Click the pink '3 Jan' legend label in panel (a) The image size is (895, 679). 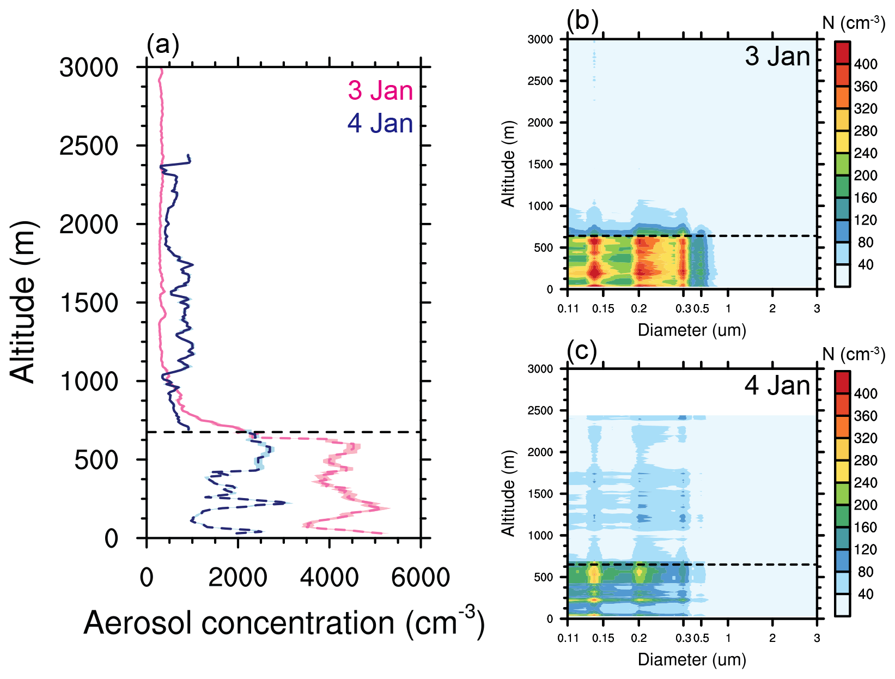pyautogui.click(x=380, y=90)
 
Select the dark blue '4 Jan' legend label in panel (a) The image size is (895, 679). pyautogui.click(x=380, y=124)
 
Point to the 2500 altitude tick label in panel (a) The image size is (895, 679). pyautogui.click(x=89, y=146)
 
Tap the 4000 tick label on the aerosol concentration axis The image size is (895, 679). pyautogui.click(x=329, y=578)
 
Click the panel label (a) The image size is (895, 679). pyautogui.click(x=162, y=45)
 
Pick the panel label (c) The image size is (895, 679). pyautogui.click(x=582, y=351)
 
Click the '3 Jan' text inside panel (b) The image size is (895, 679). pyautogui.click(x=777, y=57)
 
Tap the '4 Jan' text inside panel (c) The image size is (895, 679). pyautogui.click(x=777, y=386)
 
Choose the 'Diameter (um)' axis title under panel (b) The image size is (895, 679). pyautogui.click(x=692, y=330)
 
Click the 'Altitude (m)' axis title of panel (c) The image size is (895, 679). pyautogui.click(x=508, y=493)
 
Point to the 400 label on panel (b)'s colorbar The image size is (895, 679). pyautogui.click(x=866, y=64)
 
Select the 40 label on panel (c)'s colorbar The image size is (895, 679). pyautogui.click(x=866, y=594)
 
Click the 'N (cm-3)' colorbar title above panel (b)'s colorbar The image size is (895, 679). pyautogui.click(x=854, y=23)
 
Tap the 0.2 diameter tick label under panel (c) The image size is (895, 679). pyautogui.click(x=639, y=638)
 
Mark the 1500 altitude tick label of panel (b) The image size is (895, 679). pyautogui.click(x=540, y=164)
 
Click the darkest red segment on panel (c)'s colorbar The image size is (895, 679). pyautogui.click(x=842, y=380)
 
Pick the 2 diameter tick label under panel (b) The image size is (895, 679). pyautogui.click(x=772, y=308)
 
